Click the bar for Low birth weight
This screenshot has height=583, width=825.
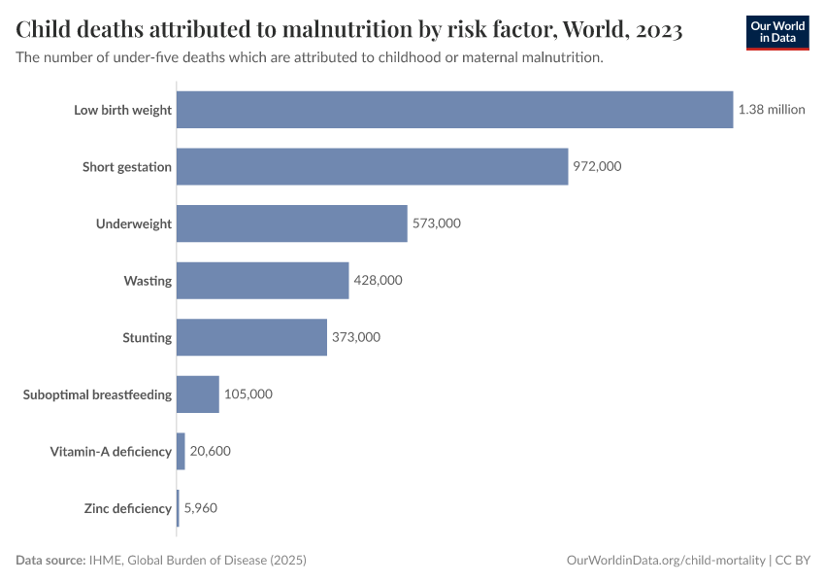pyautogui.click(x=454, y=110)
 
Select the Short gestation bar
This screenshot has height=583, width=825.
pyautogui.click(x=372, y=166)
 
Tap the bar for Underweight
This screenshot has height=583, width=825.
pyautogui.click(x=291, y=223)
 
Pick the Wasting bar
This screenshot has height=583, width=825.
pyautogui.click(x=262, y=281)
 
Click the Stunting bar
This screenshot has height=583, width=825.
pyautogui.click(x=251, y=337)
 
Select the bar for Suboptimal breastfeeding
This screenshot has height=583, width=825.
pyautogui.click(x=198, y=394)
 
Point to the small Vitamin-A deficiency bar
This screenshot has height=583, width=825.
pyautogui.click(x=181, y=452)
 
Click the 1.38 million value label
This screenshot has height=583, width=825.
pyautogui.click(x=772, y=110)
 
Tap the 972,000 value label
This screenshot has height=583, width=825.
pyautogui.click(x=597, y=166)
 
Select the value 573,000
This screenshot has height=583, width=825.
pyautogui.click(x=437, y=223)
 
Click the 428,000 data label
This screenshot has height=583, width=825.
pyautogui.click(x=378, y=281)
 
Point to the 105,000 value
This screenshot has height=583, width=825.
pyautogui.click(x=248, y=394)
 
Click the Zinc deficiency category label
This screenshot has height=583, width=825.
pyautogui.click(x=127, y=508)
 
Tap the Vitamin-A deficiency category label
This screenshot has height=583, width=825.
pyautogui.click(x=111, y=452)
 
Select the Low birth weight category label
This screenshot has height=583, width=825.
pyautogui.click(x=122, y=110)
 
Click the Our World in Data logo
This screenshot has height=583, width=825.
pyautogui.click(x=776, y=32)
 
